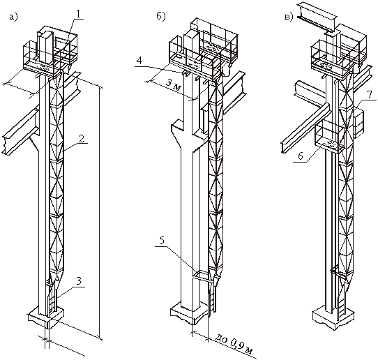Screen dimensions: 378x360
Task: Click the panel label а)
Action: (x=13, y=17)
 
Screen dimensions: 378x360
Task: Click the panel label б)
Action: (x=160, y=17)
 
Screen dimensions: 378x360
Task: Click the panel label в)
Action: (x=289, y=17)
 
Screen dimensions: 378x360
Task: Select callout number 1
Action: (x=79, y=14)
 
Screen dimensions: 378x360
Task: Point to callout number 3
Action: (x=80, y=282)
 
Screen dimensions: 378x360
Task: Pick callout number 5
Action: (x=162, y=241)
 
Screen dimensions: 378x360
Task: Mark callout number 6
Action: (x=301, y=156)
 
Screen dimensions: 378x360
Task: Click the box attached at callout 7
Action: (x=358, y=123)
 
